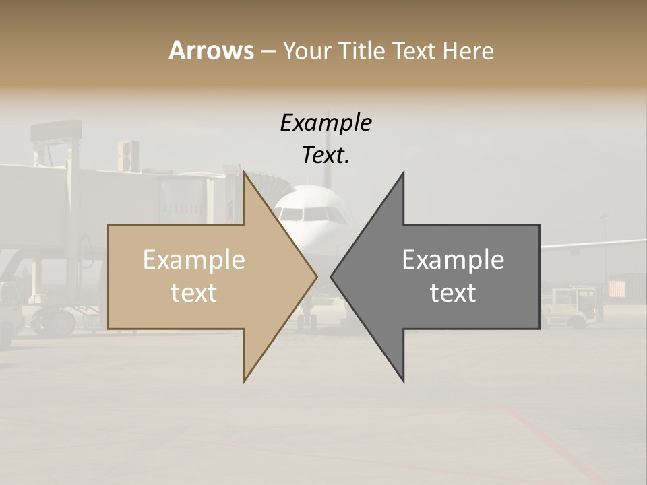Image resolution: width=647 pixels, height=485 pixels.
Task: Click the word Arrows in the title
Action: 211,51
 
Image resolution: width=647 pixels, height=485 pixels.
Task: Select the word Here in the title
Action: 468,51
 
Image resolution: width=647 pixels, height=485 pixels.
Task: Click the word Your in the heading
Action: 306,51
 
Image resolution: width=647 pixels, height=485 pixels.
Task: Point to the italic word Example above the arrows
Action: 326,123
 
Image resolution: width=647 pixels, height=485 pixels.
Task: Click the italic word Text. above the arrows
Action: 326,156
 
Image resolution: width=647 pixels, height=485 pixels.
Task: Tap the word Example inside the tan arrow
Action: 193,260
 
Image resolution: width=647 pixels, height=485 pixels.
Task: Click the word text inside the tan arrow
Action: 193,293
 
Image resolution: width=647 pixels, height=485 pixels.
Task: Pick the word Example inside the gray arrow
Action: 453,260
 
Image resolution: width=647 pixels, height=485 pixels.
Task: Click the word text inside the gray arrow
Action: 453,293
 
